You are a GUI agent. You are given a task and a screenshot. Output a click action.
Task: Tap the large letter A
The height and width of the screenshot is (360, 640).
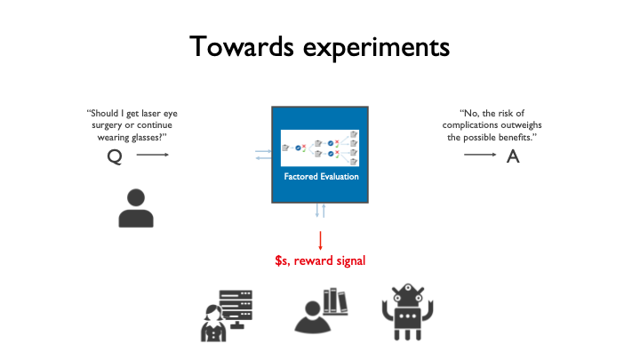pyautogui.click(x=512, y=156)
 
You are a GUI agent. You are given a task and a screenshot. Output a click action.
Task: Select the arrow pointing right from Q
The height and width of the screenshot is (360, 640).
pyautogui.click(x=152, y=155)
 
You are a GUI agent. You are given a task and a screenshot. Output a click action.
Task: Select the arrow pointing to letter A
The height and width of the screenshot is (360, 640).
pyautogui.click(x=481, y=155)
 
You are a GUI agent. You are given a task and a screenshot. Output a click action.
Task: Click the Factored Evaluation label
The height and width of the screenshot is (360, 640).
pyautogui.click(x=320, y=176)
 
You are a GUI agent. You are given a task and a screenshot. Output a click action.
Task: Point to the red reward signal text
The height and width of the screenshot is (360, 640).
pyautogui.click(x=320, y=261)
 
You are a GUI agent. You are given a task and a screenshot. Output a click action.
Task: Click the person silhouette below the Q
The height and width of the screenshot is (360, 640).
pyautogui.click(x=135, y=207)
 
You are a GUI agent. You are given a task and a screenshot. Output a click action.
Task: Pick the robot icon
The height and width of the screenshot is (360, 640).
pyautogui.click(x=410, y=314)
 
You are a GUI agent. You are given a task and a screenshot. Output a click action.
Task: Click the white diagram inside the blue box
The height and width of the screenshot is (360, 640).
pyautogui.click(x=320, y=147)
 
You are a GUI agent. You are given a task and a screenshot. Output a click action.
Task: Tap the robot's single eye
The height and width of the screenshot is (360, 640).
pyautogui.click(x=410, y=292)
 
